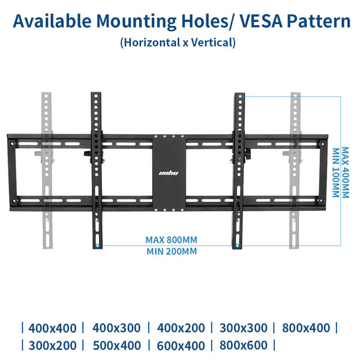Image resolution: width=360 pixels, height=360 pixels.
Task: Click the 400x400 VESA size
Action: point(52,328)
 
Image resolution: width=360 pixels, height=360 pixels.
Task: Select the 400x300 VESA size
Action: point(116,328)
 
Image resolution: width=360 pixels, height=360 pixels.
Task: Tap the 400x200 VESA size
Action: point(181,328)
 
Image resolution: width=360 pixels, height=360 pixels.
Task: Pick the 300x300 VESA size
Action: point(244,328)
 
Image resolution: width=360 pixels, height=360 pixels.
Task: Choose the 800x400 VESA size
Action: point(306,328)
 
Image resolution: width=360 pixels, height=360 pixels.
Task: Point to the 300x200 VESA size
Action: point(52,346)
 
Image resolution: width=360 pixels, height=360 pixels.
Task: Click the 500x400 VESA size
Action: point(116,346)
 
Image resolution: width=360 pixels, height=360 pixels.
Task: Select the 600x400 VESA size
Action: point(181,346)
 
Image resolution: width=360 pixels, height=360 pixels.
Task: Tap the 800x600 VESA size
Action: point(244,346)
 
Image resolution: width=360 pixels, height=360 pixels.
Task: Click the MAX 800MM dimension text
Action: point(171,240)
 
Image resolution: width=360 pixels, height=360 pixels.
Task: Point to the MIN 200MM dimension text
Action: point(172,251)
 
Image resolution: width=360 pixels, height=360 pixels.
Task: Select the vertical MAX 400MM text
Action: point(346,172)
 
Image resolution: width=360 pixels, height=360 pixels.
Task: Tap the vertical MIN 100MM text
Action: point(336,173)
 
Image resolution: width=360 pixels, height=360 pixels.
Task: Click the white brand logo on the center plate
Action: point(169,173)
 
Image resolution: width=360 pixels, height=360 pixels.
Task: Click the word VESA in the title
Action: point(261,21)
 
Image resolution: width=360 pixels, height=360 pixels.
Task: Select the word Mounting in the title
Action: point(136,22)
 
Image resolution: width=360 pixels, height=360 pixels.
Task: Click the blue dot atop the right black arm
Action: point(240,97)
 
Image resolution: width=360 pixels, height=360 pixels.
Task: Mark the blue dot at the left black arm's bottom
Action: point(97,245)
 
